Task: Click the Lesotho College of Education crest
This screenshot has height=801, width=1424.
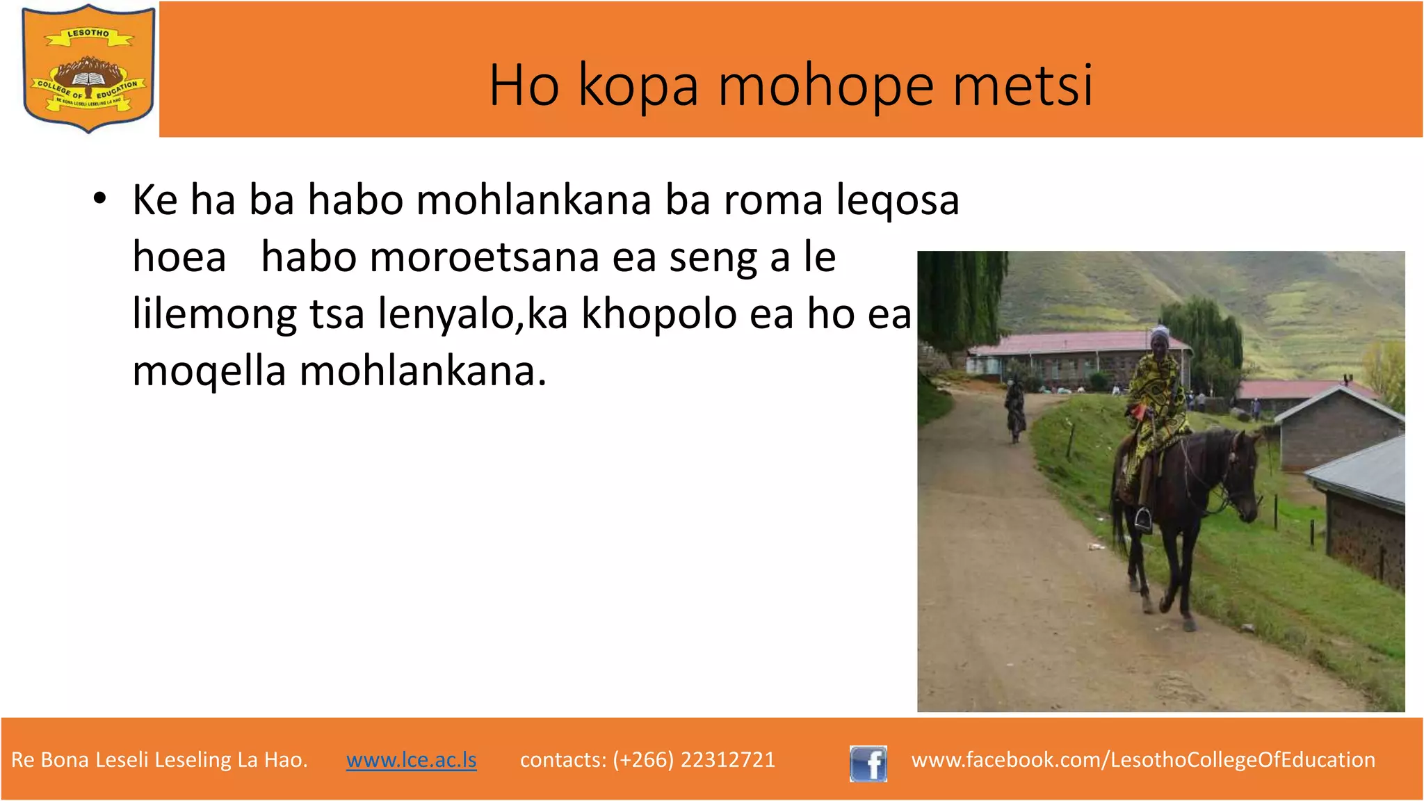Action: click(x=88, y=68)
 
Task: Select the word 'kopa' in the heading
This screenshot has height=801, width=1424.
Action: click(x=638, y=87)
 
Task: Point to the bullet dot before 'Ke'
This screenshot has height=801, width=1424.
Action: click(x=100, y=199)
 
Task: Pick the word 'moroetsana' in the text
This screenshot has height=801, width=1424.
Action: click(x=484, y=257)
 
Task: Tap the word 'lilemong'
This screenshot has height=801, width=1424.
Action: click(x=214, y=314)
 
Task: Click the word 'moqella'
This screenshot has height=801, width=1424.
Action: click(x=209, y=371)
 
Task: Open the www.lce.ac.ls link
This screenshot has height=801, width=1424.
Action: click(x=411, y=759)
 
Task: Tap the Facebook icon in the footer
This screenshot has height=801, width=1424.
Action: click(x=868, y=763)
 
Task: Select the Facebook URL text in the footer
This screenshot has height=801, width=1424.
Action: click(x=1143, y=759)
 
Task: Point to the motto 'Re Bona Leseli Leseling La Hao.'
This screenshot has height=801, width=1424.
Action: click(x=159, y=759)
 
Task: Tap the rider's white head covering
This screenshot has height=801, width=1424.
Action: click(x=1158, y=333)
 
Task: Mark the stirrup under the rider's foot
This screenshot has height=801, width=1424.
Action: click(x=1143, y=518)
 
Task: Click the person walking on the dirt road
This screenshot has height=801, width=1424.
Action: click(x=1015, y=410)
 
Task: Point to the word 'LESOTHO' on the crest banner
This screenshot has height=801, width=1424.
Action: click(x=88, y=34)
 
